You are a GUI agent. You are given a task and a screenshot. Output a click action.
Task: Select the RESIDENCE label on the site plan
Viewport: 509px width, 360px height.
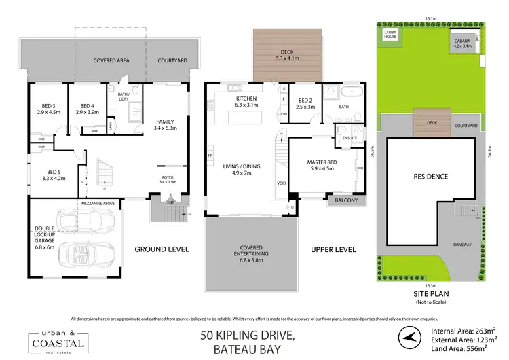pos(431,177)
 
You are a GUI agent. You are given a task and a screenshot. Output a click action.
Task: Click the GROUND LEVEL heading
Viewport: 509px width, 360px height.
pos(161,249)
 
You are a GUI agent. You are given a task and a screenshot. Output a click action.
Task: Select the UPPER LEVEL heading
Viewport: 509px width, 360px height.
pos(333,249)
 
